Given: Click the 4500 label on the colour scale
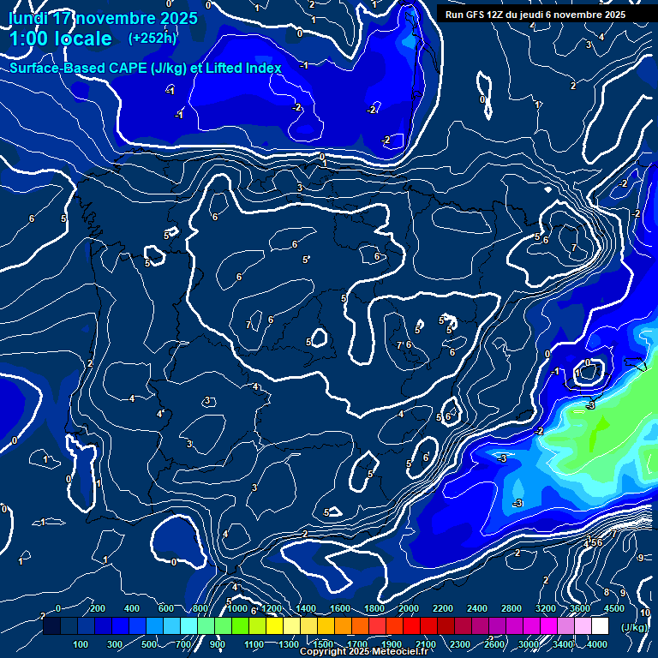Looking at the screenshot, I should [x=615, y=608].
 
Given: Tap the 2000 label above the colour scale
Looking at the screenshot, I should [x=408, y=608].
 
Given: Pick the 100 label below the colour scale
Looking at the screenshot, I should [x=81, y=644].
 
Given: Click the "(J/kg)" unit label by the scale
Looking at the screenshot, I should [x=634, y=627].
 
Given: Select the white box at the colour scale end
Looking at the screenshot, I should [x=600, y=626].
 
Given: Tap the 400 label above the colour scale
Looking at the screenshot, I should [x=133, y=608].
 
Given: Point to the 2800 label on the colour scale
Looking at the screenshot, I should [x=511, y=608].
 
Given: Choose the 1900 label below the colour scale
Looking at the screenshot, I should [x=392, y=644].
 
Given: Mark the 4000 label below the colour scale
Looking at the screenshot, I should [x=597, y=644].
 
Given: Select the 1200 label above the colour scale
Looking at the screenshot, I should [x=271, y=608].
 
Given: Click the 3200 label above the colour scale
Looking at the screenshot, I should [x=546, y=608].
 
